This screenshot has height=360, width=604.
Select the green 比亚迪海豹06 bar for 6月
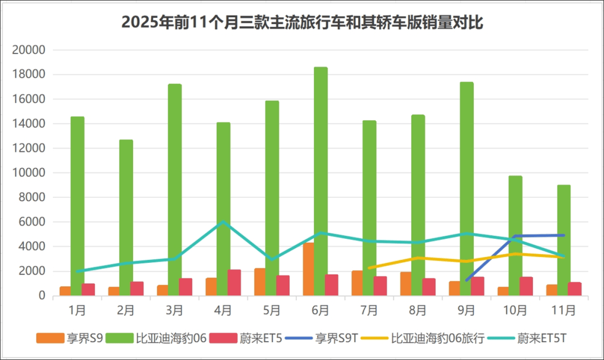(320, 182)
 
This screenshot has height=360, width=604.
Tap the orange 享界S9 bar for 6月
(308, 269)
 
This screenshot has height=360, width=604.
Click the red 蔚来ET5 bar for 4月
(234, 283)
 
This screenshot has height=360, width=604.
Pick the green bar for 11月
(564, 240)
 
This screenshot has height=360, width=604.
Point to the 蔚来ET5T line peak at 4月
(223, 222)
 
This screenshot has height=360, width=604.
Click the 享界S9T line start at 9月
(466, 280)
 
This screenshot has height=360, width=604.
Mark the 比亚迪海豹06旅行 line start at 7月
(369, 268)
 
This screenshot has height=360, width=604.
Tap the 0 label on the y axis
(41, 296)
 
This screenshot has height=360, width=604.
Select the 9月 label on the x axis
(466, 309)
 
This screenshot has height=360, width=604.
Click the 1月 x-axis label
(77, 309)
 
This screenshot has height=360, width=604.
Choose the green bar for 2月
(126, 218)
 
